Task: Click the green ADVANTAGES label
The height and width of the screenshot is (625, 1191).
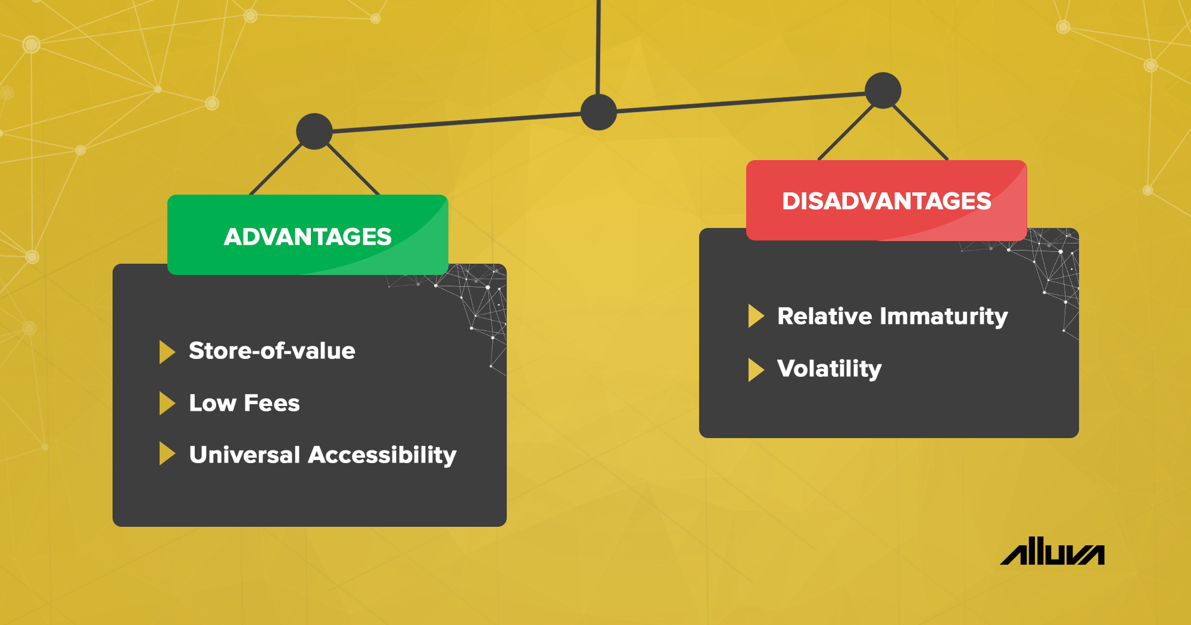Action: click(x=307, y=236)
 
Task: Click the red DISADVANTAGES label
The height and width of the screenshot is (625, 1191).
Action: click(x=886, y=201)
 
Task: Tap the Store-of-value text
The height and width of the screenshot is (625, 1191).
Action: click(x=272, y=351)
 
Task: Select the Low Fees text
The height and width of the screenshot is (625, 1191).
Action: click(x=244, y=404)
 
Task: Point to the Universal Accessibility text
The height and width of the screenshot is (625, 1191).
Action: click(x=323, y=455)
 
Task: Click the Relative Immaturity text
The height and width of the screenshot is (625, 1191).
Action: click(x=892, y=316)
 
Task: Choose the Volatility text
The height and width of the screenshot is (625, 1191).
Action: click(x=829, y=369)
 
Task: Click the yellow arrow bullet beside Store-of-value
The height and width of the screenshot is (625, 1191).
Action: click(x=166, y=352)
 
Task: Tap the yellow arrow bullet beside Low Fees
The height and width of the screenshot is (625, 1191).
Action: click(x=166, y=404)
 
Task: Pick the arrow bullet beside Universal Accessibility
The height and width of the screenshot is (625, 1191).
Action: click(x=166, y=454)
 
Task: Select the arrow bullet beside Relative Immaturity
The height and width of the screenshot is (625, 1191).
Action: click(x=755, y=316)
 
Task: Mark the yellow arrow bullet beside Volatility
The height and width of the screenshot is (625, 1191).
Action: click(x=755, y=370)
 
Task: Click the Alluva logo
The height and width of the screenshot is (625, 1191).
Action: click(x=1052, y=552)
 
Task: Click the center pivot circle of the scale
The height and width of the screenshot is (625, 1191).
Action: click(x=598, y=112)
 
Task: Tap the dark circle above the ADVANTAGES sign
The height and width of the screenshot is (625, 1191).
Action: click(x=314, y=131)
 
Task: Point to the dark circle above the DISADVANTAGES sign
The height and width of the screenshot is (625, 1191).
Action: click(x=883, y=90)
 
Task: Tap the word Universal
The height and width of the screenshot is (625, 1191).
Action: click(x=244, y=455)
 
